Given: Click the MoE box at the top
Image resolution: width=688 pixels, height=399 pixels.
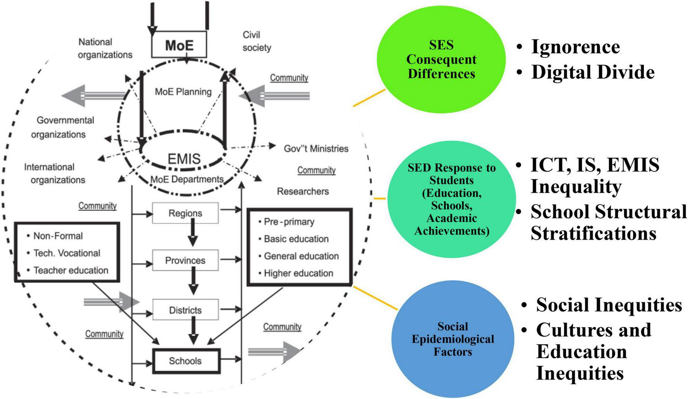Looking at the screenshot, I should (x=179, y=45).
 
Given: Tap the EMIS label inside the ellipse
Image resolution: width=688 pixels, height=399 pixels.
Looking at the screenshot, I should (x=184, y=159).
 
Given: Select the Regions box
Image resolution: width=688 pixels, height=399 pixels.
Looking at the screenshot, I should (x=185, y=213).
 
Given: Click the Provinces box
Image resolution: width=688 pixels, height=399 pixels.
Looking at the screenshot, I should (x=185, y=260).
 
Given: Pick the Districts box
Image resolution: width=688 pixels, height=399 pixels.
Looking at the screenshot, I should (x=185, y=310).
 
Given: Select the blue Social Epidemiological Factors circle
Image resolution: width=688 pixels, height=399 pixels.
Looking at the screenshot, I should (x=453, y=339).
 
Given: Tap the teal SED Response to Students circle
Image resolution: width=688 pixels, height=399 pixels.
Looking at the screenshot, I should (x=452, y=199).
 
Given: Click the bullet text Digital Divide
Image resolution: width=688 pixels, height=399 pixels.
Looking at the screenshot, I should (x=592, y=72).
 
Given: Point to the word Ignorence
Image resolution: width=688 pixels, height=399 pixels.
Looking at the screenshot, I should (x=575, y=47).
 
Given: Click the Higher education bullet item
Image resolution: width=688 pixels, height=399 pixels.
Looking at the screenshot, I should (x=298, y=273).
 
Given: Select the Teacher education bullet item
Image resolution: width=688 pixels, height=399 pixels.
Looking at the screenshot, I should (x=71, y=270).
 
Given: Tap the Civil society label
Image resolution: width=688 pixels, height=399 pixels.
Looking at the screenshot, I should (x=256, y=41).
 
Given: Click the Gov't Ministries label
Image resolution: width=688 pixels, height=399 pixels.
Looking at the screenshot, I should (x=316, y=149).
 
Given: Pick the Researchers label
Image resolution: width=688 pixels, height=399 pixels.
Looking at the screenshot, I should (x=303, y=191).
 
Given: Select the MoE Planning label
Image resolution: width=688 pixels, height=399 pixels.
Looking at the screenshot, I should (x=183, y=92).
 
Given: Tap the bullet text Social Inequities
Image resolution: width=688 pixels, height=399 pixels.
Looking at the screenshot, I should (x=609, y=305).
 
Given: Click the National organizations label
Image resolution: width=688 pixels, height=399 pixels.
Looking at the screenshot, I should (x=105, y=48).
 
